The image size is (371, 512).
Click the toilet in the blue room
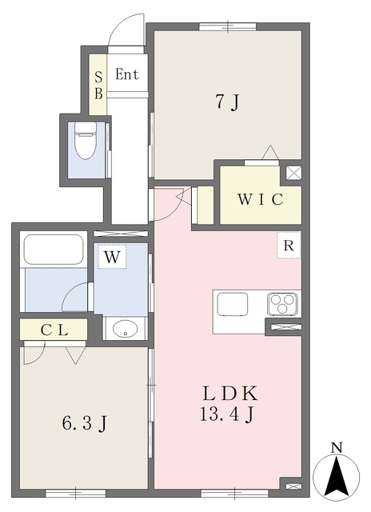(86, 141)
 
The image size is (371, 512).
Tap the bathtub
(54, 250)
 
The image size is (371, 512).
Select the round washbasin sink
(125, 328)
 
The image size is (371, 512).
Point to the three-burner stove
(282, 304)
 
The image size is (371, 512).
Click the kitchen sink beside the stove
(233, 304)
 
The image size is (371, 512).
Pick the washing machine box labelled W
(112, 257)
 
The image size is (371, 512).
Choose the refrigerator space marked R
(289, 246)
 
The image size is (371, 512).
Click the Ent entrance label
(127, 74)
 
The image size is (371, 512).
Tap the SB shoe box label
(98, 86)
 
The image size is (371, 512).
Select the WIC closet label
(261, 199)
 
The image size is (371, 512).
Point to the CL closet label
(54, 330)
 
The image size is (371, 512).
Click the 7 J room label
(227, 102)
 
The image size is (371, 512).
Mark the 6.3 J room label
(84, 423)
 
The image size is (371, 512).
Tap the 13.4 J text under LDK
(227, 414)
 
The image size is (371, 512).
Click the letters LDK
(230, 394)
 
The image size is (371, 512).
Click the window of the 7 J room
(227, 26)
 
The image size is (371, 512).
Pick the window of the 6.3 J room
(75, 493)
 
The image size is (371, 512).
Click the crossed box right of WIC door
(293, 173)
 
